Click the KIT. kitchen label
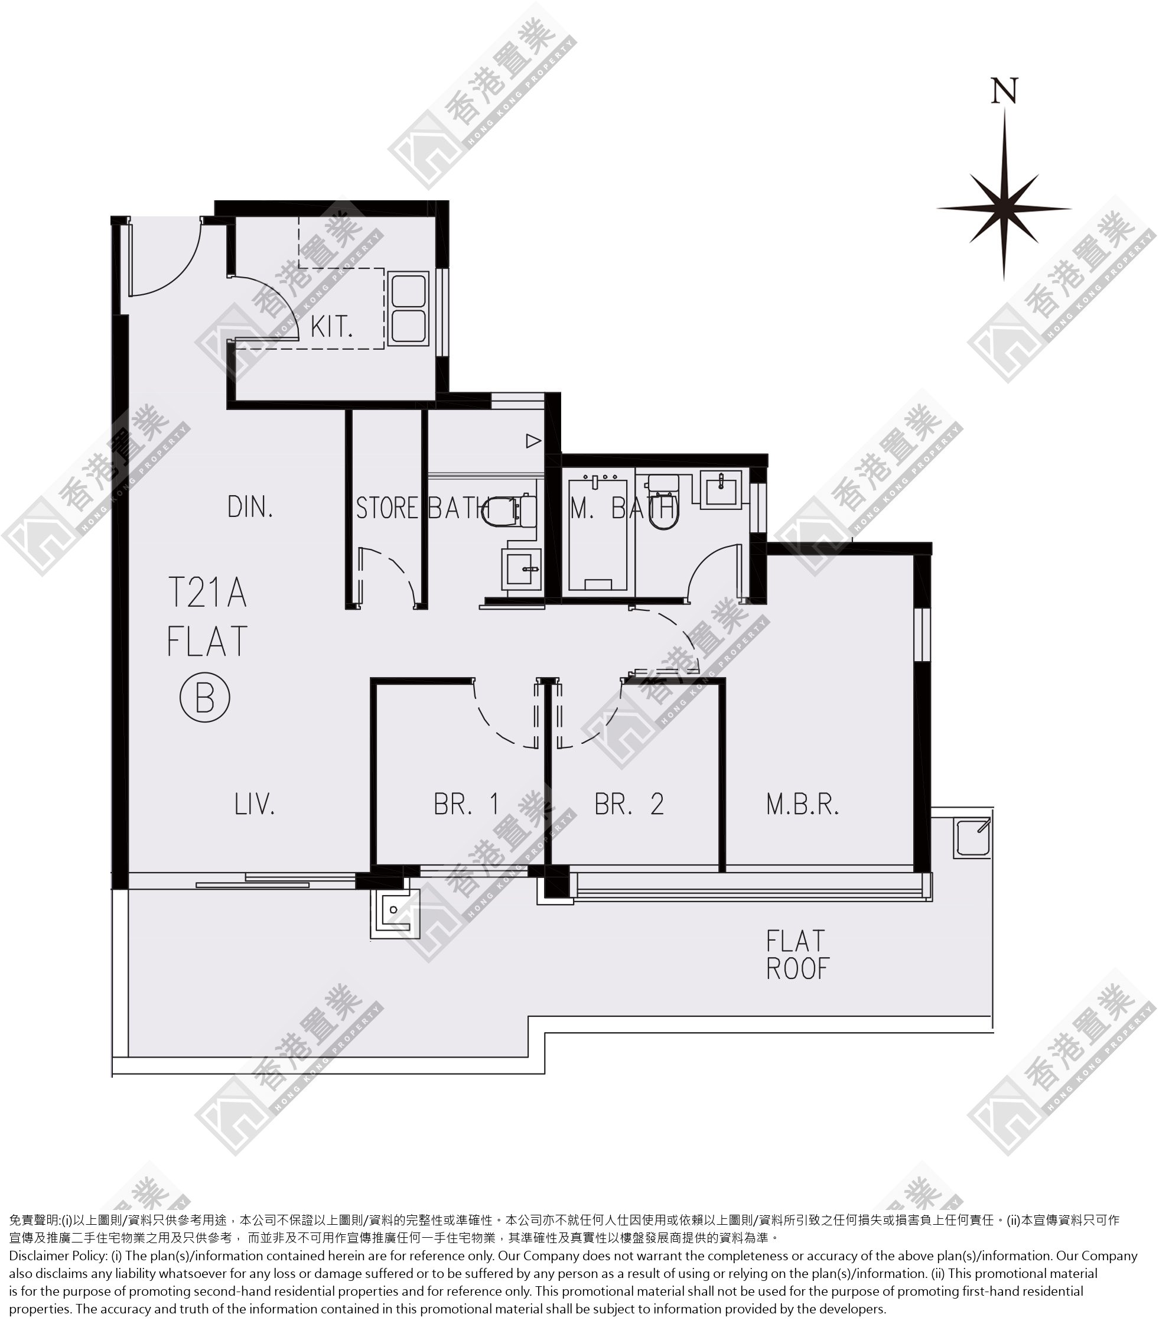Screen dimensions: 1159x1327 point(332,327)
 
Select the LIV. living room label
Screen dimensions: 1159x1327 point(254,804)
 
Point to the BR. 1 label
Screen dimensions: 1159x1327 point(466,804)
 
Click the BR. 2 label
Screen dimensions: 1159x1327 point(629,804)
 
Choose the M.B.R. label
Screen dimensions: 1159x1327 point(803,804)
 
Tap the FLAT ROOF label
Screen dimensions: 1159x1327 point(797,955)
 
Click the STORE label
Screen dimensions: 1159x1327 point(387,508)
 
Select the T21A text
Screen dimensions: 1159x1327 point(207,592)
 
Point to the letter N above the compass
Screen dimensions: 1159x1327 point(1004,90)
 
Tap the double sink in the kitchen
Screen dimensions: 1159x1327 point(408,308)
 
